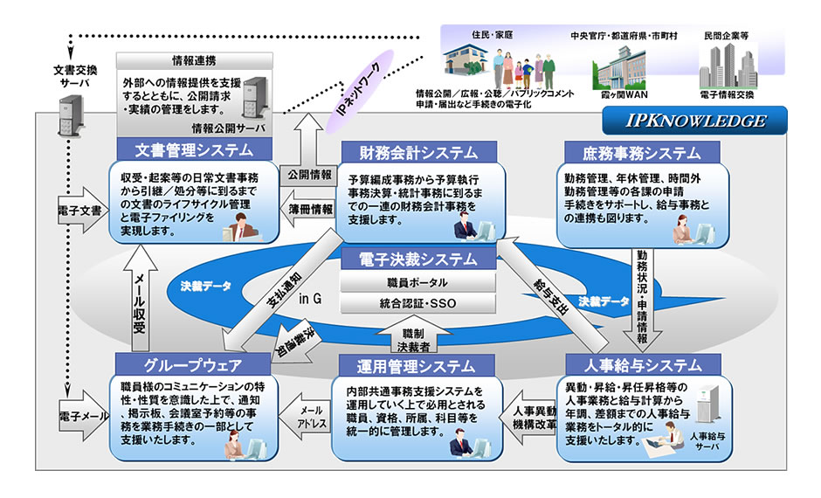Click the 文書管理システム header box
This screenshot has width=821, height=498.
pyautogui.click(x=195, y=149)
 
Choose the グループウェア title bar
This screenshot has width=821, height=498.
pyautogui.click(x=193, y=363)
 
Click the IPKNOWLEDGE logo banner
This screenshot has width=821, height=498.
pyautogui.click(x=695, y=121)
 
